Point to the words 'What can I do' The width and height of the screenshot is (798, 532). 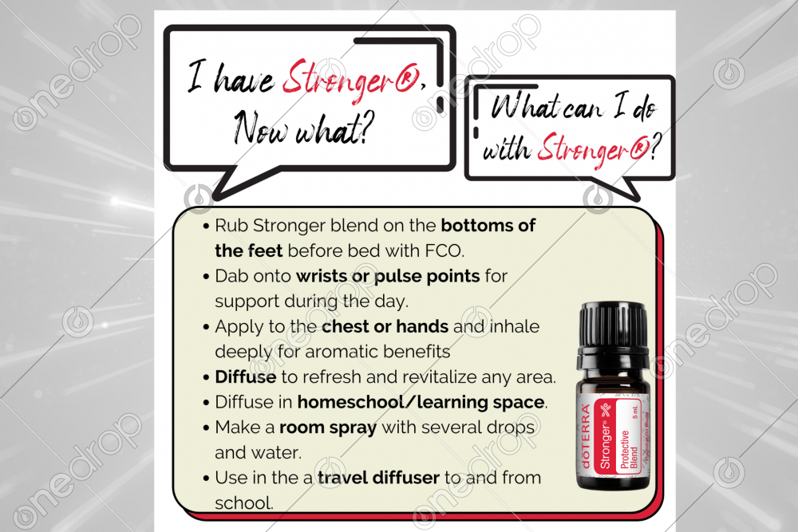pyautogui.click(x=573, y=108)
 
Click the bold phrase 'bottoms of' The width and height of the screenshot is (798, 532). pyautogui.click(x=488, y=225)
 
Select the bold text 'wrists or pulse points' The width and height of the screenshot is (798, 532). pyautogui.click(x=388, y=276)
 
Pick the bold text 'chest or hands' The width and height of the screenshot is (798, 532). pyautogui.click(x=385, y=326)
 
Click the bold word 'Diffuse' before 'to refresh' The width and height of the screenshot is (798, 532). pyautogui.click(x=246, y=377)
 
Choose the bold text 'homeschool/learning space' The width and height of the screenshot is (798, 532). pyautogui.click(x=421, y=402)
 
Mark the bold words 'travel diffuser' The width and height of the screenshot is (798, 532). pyautogui.click(x=378, y=478)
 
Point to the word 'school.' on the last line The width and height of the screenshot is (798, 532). pyautogui.click(x=244, y=503)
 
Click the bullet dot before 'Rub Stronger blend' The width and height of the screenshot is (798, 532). pyautogui.click(x=206, y=227)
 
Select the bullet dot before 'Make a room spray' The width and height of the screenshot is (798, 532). pyautogui.click(x=206, y=428)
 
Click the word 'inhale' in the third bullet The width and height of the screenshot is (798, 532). pyautogui.click(x=514, y=326)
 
